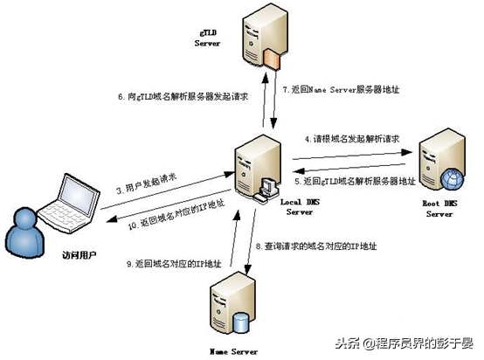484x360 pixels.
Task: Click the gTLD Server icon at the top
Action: pos(263,36)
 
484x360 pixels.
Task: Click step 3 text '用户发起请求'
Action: pos(153,192)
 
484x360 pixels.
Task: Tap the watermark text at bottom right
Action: pos(418,342)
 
